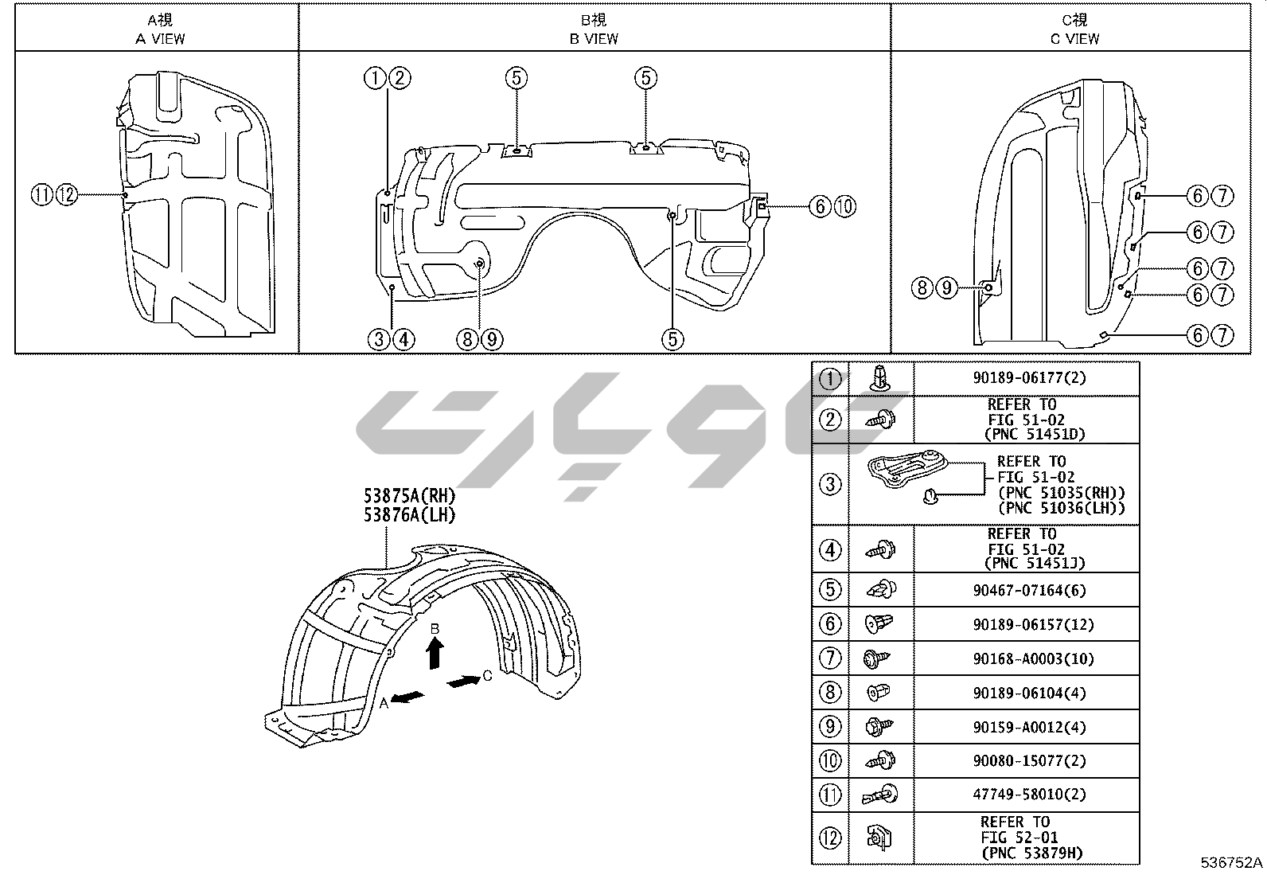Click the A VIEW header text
tap(160, 38)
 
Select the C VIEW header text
tap(1074, 38)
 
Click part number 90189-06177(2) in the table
tap(1030, 377)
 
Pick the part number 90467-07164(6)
tap(1030, 590)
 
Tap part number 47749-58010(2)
tap(1030, 794)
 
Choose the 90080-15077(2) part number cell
tap(1030, 760)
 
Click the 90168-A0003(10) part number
tap(1033, 658)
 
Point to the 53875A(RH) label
tap(410, 496)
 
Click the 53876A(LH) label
tap(410, 515)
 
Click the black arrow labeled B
tap(435, 653)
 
